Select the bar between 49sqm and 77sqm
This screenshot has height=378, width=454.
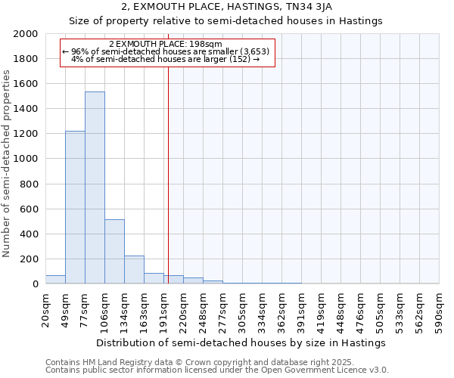[75, 207]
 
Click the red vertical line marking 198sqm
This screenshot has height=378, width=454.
[168, 174]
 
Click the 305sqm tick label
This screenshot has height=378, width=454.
[242, 309]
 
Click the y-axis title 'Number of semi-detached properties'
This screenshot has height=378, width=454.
[7, 163]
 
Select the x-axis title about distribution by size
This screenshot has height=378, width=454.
[241, 342]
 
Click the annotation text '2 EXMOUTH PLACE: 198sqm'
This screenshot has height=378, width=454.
[165, 45]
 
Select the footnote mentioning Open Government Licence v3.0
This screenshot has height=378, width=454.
[217, 370]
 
